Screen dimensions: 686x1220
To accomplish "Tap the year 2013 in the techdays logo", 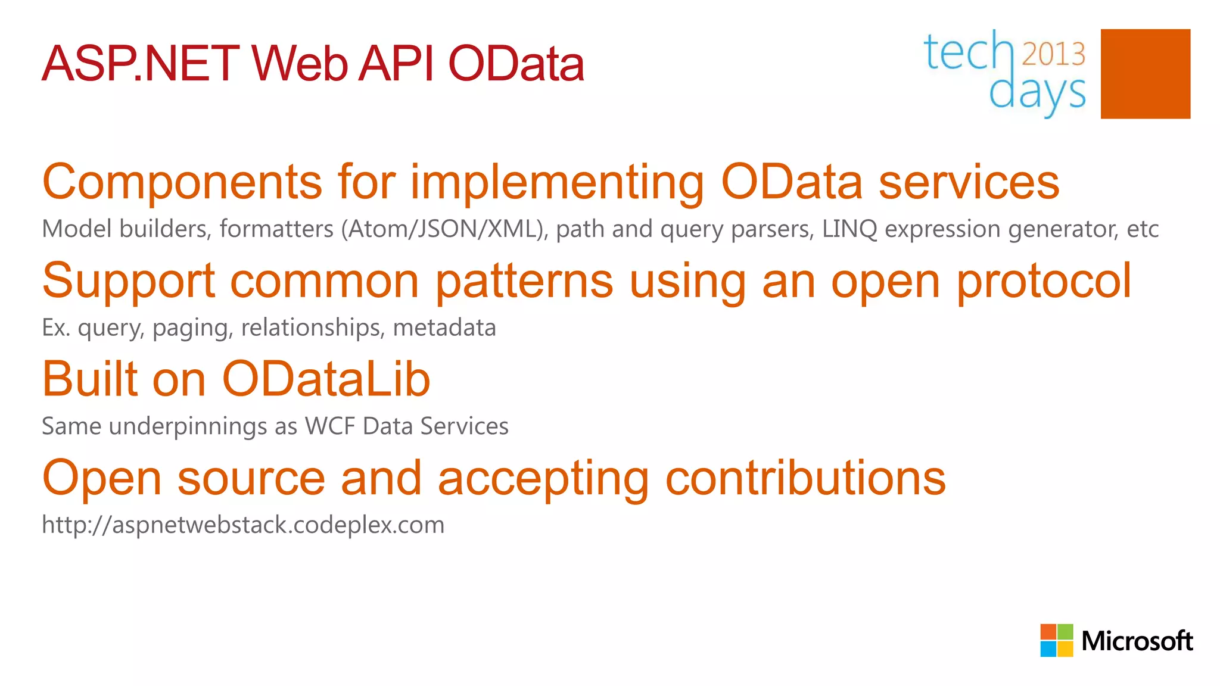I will pos(1054,54).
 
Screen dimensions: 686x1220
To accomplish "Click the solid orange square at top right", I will pos(1145,74).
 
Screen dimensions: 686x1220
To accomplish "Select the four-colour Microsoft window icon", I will pos(1056,640).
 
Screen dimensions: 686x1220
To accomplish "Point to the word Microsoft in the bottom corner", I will pos(1137,641).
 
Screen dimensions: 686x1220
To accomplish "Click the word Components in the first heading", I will pos(182,182).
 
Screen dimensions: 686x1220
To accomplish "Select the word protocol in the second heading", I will pos(1043,281).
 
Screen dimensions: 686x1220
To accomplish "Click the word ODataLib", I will pos(326,379).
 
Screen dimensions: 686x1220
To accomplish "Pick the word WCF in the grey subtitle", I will pos(329,426).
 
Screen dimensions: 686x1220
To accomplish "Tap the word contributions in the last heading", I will pos(805,478).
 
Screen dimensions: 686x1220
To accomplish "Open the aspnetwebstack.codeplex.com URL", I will pos(243,525).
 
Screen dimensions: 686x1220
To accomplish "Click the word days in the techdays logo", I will pos(1037,93).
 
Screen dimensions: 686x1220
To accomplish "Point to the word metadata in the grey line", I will pos(444,328).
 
